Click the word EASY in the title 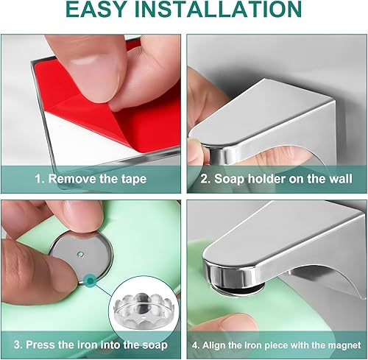point(96,9)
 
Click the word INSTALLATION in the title point(219,9)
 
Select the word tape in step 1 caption point(134,180)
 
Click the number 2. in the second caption point(205,179)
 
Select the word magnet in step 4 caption point(344,345)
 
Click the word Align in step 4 point(213,345)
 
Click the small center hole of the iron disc point(80,254)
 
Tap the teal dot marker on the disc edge point(91,280)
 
